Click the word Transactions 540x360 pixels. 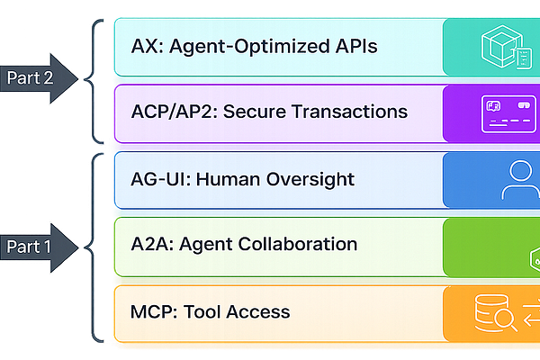(x=350, y=112)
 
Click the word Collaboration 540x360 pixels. (x=298, y=245)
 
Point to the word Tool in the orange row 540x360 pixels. (x=203, y=312)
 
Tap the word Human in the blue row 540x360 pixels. (x=229, y=178)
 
